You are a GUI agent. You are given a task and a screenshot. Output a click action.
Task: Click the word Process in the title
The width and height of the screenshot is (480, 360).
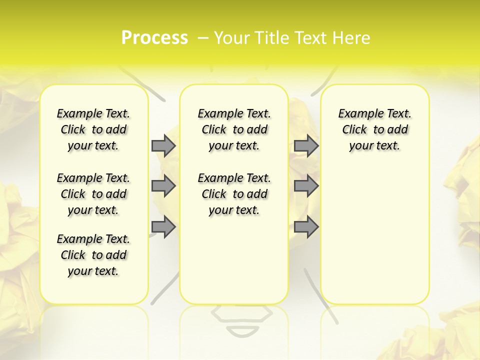click(x=154, y=37)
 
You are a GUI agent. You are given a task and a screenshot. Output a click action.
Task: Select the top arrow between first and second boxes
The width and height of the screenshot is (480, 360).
click(x=163, y=145)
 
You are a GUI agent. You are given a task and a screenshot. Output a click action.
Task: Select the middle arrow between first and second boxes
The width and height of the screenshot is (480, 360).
click(x=163, y=186)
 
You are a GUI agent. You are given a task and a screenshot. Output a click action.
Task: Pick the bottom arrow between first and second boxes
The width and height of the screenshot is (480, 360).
click(x=163, y=227)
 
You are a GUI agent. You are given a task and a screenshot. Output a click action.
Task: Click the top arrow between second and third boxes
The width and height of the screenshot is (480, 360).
click(x=306, y=145)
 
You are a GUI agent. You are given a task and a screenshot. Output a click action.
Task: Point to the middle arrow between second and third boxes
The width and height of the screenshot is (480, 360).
click(x=306, y=186)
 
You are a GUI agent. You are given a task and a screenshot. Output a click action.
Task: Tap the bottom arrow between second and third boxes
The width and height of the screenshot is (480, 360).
click(x=306, y=227)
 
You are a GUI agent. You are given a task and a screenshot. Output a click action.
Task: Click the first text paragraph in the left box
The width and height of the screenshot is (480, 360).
click(x=93, y=129)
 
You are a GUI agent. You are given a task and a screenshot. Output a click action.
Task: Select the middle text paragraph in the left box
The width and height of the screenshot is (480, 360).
click(x=93, y=194)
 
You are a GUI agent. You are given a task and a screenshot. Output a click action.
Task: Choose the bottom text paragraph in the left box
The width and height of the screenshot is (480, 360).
click(x=93, y=255)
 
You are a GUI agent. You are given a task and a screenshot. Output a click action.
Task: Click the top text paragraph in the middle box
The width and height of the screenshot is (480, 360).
click(x=234, y=129)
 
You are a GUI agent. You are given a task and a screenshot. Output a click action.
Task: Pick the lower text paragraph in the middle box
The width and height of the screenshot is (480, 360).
click(x=234, y=194)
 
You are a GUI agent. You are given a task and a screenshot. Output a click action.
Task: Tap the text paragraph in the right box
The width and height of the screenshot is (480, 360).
click(x=375, y=129)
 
